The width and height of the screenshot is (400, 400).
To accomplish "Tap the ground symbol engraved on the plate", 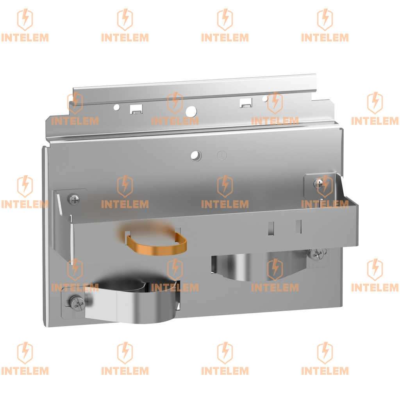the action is [222, 155].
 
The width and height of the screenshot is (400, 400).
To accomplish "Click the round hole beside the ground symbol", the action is [196, 155].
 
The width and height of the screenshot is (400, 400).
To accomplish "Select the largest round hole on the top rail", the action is [191, 111].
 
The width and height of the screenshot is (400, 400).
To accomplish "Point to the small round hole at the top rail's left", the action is [116, 107].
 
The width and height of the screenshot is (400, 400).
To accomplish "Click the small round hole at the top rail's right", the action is [265, 98].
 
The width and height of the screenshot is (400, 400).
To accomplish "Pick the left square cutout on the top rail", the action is [136, 109].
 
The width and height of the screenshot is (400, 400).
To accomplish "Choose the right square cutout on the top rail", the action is [245, 103].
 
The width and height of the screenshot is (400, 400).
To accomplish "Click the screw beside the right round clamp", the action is [316, 253].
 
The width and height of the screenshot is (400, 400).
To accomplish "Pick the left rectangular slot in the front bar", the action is [271, 228].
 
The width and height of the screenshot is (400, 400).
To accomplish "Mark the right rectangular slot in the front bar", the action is [298, 227].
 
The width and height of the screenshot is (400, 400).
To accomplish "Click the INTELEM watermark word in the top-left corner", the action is [25, 38].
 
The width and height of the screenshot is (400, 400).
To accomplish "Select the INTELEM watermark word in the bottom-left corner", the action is [25, 371].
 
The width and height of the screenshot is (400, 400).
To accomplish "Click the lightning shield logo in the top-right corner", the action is [325, 20].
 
